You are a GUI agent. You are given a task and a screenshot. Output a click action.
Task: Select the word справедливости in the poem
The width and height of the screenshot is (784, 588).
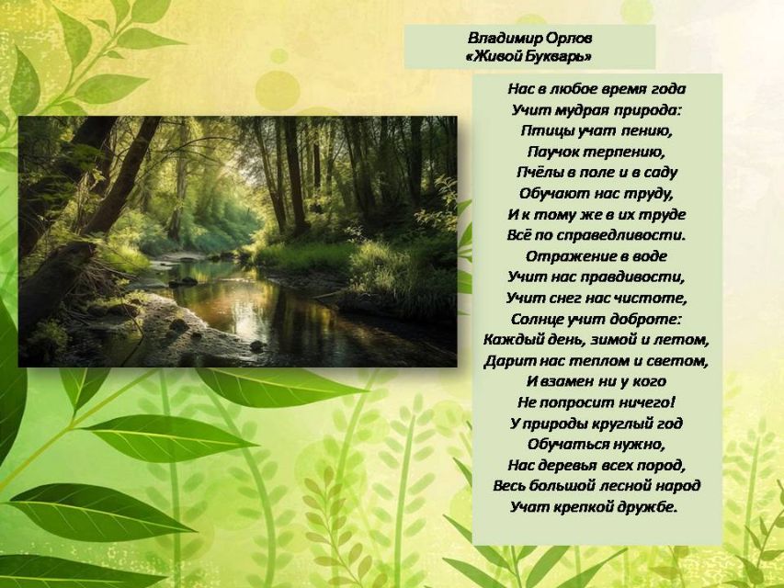[x=619, y=235]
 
